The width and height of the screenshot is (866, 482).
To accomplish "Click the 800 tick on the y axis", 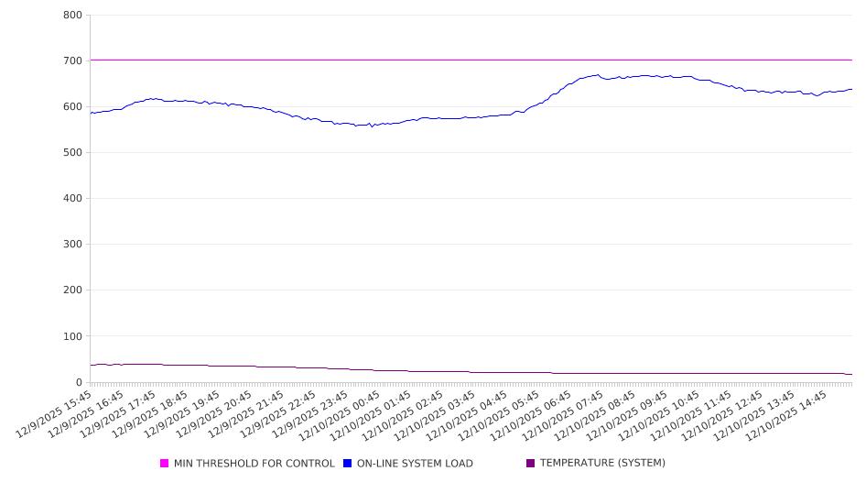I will click(73, 16).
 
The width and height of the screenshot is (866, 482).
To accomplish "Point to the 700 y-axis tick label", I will click(73, 61).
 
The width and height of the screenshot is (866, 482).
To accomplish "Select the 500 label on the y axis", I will click(73, 153).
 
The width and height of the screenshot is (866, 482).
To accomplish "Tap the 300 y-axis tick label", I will click(73, 245).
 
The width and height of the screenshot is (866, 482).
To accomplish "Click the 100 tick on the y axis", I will click(73, 336).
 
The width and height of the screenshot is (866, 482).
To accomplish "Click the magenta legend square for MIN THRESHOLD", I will click(165, 464).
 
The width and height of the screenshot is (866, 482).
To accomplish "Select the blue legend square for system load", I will click(348, 464).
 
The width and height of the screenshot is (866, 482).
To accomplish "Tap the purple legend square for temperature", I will click(531, 464).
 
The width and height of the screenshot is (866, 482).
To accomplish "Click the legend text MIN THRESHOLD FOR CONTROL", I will click(254, 464).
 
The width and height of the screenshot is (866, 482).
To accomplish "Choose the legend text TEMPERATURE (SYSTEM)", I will click(602, 464).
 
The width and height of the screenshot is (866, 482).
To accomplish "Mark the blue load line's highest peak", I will click(598, 75).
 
